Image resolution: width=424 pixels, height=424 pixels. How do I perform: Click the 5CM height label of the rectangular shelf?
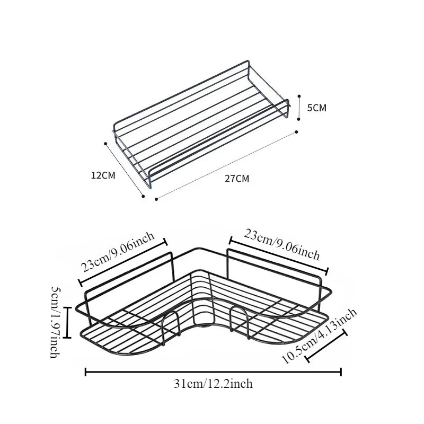[317, 108]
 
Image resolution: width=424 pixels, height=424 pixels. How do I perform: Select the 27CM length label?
[236, 179]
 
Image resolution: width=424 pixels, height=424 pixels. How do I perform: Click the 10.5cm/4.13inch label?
[320, 336]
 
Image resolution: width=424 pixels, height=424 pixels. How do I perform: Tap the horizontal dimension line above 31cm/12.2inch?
[213, 373]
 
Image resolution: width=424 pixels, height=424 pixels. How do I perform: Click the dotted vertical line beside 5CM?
[299, 108]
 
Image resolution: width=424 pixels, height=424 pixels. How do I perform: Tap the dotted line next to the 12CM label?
[125, 169]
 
